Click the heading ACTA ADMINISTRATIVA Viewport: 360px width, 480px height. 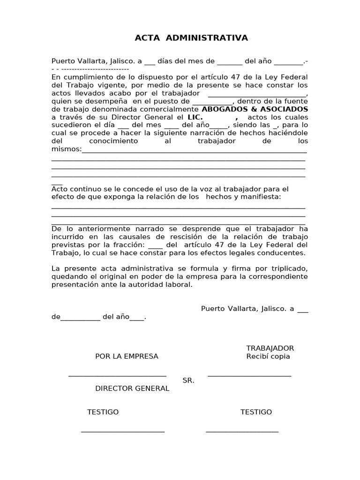pos(191,38)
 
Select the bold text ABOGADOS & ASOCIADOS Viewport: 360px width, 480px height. pos(255,109)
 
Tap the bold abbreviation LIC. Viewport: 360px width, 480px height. pos(195,117)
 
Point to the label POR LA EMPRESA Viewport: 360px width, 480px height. pos(127,356)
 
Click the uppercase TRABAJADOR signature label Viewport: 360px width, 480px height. pos(270,348)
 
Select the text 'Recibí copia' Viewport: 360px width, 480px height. pos(268,356)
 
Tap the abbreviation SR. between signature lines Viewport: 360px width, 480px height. pos(188,381)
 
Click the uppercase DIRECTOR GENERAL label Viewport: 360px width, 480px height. pos(132,389)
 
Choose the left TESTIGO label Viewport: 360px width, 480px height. pos(103,412)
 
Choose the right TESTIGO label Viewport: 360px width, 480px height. pos(256,412)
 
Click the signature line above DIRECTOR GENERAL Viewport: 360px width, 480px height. pos(117,375)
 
